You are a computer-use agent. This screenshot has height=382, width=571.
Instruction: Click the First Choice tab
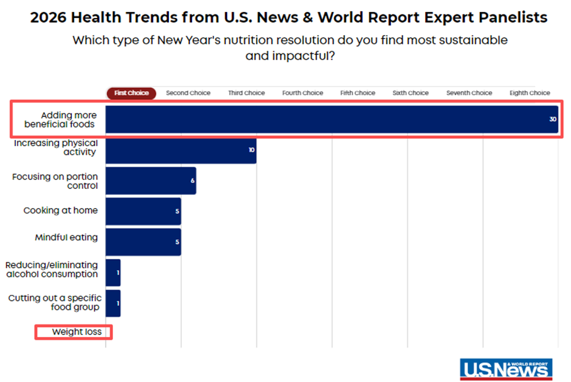coord(131,93)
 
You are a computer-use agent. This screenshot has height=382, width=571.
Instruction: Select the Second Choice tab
coord(188,93)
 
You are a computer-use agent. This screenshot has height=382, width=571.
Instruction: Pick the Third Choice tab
coord(246,93)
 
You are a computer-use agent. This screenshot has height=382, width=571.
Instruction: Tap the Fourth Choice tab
coord(302,93)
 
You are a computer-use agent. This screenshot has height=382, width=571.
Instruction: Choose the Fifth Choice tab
coord(358,93)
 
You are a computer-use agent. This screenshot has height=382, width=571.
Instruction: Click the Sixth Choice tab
coord(411,93)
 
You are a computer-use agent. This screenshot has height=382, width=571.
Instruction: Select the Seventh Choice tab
coord(469,93)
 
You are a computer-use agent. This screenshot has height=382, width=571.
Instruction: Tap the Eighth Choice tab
coord(529,93)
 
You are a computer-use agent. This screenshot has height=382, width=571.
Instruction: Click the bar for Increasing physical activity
coord(180,150)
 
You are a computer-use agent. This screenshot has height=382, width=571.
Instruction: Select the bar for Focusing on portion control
coord(151,180)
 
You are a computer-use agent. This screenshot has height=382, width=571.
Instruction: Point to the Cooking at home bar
coord(143,211)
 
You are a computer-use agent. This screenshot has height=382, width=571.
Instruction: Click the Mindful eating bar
coord(143,242)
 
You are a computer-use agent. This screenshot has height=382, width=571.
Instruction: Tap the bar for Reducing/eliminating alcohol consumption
coord(113,272)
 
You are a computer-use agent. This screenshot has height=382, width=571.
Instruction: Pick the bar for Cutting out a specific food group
coord(113,303)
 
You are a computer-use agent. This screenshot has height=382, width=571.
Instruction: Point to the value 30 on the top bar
coord(553,120)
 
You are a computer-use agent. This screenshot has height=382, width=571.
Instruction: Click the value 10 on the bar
coord(252,151)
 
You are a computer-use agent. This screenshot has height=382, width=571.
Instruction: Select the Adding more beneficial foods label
coord(59,120)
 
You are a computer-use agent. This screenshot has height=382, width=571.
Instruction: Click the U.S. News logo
coord(506,369)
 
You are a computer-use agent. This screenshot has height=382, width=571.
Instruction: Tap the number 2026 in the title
coord(51,17)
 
